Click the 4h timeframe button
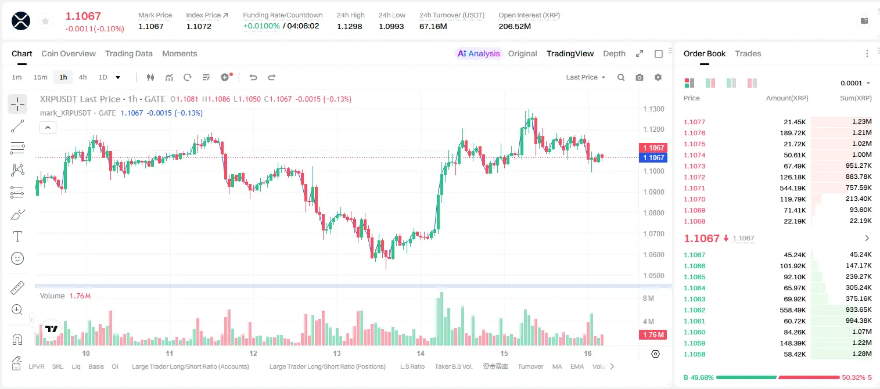(82, 77)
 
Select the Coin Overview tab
(69, 53)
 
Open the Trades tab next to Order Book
(748, 53)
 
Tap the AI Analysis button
(479, 53)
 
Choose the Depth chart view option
(614, 53)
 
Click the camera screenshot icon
(640, 77)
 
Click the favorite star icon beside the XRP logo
(45, 21)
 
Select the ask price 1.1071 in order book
(694, 188)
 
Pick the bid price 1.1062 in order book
(694, 310)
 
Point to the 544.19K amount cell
(792, 188)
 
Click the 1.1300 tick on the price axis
(653, 109)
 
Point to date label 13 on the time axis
(337, 353)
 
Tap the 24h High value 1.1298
(349, 26)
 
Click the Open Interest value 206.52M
(515, 26)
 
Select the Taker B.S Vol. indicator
(453, 366)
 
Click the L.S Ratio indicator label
(412, 366)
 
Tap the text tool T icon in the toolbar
(17, 236)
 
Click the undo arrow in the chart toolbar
(253, 77)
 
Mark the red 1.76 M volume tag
(653, 335)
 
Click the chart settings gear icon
(658, 77)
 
